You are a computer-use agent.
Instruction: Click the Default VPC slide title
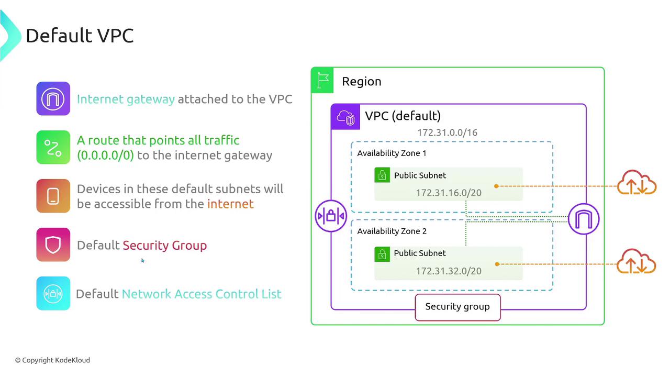click(80, 36)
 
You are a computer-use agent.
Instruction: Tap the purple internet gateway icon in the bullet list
click(53, 98)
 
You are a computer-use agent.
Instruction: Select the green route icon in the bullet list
click(53, 148)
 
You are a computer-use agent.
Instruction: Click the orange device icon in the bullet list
click(53, 196)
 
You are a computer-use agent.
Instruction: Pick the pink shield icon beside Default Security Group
click(53, 245)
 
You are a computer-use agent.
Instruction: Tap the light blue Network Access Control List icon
click(53, 293)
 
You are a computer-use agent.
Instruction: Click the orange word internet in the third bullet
click(230, 204)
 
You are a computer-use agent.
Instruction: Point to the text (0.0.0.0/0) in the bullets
click(105, 156)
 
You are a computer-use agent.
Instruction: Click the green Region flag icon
click(323, 81)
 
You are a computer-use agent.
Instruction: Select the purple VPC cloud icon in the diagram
click(345, 117)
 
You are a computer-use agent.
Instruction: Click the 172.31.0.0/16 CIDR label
click(447, 132)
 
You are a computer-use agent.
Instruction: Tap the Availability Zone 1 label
click(392, 153)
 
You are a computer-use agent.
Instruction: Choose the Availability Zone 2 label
click(392, 231)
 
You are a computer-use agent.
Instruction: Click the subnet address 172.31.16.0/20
click(449, 193)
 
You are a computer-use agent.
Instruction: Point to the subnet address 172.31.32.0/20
click(449, 271)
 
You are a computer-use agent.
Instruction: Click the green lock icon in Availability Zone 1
click(382, 175)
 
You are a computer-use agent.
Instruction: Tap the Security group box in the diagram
click(457, 307)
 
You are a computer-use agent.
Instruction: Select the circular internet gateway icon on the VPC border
click(584, 219)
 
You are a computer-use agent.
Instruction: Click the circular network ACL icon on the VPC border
click(331, 216)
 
